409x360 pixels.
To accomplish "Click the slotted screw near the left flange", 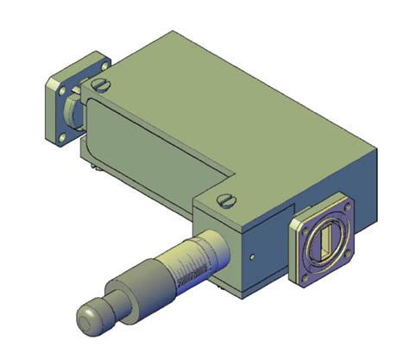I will coord(102,85).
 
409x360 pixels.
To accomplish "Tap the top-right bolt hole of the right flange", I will coord(349,210).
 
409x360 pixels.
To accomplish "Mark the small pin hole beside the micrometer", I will coord(250,256).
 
